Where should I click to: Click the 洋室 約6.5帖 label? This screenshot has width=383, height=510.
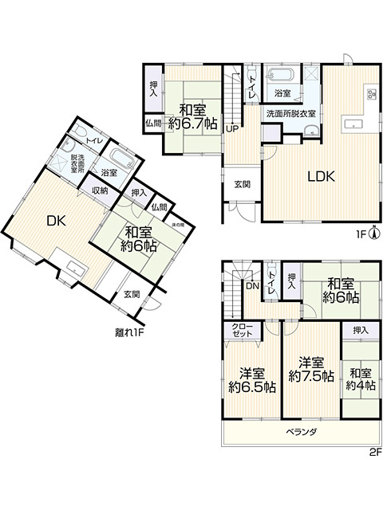tap(252, 379)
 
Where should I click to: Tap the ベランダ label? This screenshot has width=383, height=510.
tap(302, 433)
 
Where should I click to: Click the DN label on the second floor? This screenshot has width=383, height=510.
tap(252, 285)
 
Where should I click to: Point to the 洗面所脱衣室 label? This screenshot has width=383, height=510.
tap(290, 114)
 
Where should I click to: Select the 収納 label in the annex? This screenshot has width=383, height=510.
tap(99, 190)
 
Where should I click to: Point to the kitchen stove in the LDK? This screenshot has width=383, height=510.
tap(371, 94)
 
